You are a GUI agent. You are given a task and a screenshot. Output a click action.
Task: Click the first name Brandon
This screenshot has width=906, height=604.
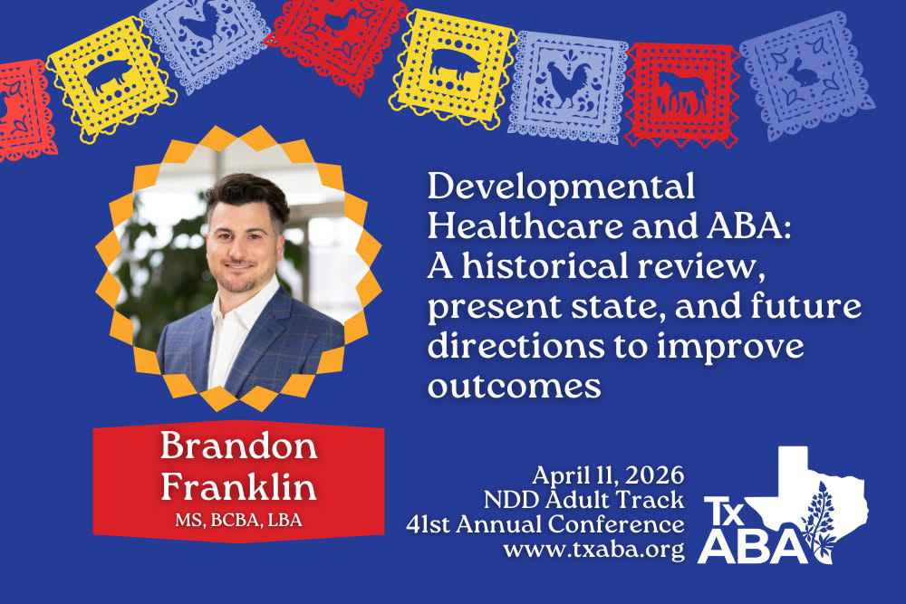237,449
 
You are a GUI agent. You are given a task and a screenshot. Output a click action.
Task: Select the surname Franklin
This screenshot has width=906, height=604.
238,487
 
